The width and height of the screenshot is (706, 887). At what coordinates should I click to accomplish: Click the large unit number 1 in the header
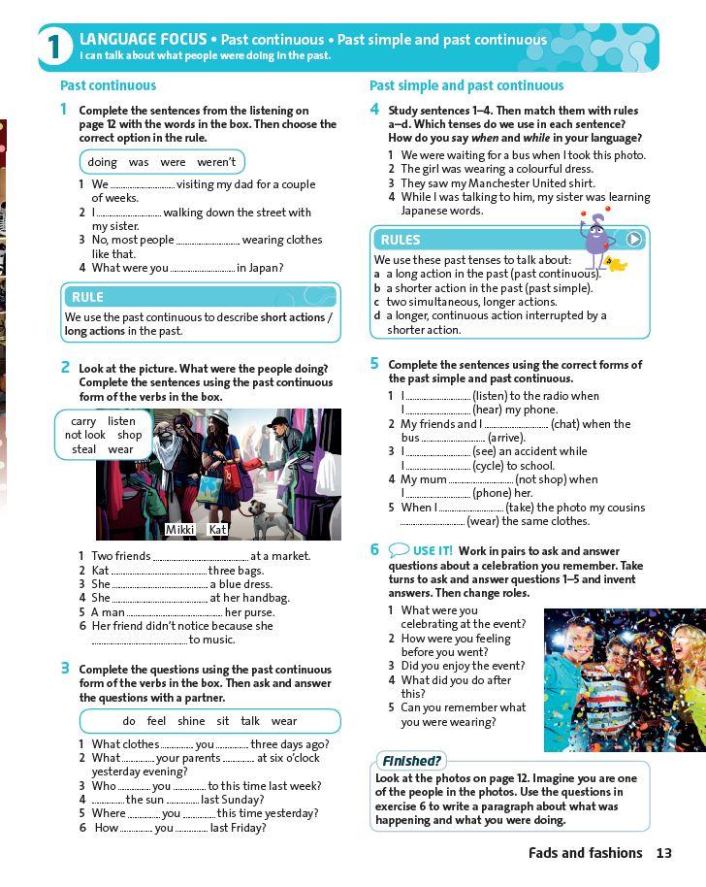pos(55,48)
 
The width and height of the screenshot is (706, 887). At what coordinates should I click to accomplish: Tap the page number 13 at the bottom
pos(663,853)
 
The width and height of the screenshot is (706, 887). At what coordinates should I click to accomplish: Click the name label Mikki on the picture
pos(180,530)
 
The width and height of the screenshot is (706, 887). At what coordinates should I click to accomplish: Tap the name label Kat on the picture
pos(217,530)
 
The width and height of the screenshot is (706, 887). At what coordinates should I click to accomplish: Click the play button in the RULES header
pos(633,239)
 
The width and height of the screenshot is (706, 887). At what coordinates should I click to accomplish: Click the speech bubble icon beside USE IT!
pos(399,550)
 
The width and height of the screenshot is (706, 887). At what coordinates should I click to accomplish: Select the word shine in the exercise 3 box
pos(191,721)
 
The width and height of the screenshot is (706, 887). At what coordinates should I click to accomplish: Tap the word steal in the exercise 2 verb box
pos(84,449)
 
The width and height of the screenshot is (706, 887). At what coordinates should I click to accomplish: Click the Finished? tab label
pos(410,762)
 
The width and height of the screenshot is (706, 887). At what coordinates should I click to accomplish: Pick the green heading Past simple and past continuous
pos(466,85)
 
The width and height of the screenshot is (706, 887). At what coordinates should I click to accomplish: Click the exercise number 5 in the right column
pos(374,364)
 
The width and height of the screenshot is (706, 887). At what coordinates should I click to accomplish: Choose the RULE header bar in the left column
pos(201,297)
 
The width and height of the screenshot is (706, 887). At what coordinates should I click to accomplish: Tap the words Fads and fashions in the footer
pos(585,853)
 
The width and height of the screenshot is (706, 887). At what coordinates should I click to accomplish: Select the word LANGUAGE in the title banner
pos(117,39)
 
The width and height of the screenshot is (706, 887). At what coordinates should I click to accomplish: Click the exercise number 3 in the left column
pos(65,668)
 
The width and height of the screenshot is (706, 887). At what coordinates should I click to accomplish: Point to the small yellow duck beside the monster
pos(614,263)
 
